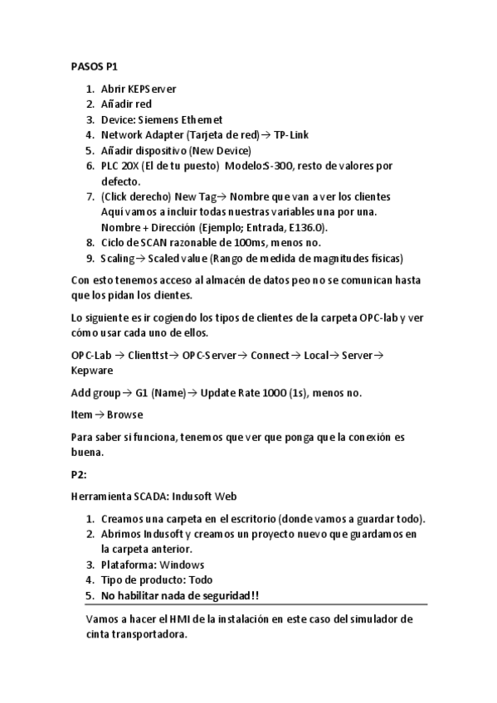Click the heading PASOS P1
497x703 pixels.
coord(94,66)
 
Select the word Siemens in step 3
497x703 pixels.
coord(164,119)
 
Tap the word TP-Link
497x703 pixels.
coord(291,134)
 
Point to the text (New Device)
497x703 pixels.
coord(220,150)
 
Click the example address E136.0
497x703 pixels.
coord(309,227)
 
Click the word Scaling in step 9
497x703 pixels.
coord(119,258)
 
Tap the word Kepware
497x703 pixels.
coord(92,370)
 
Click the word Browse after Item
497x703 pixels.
coord(124,415)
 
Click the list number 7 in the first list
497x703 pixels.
coord(90,196)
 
